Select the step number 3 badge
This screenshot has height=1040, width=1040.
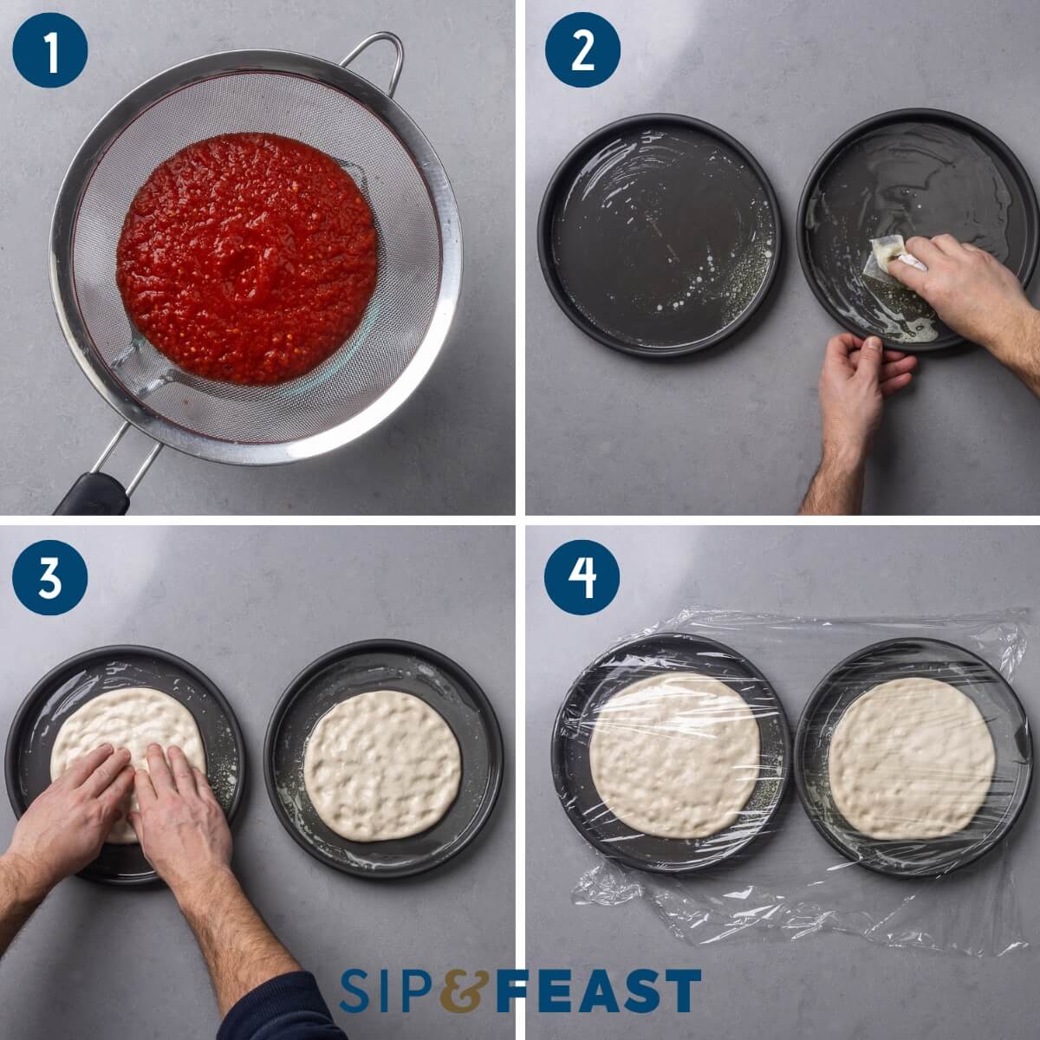[x=50, y=577]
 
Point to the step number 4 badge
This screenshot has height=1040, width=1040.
[x=582, y=577]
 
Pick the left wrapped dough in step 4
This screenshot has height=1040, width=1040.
[x=675, y=754]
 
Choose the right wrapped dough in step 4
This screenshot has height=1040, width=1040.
[x=910, y=757]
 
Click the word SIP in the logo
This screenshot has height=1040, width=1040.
[x=386, y=991]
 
